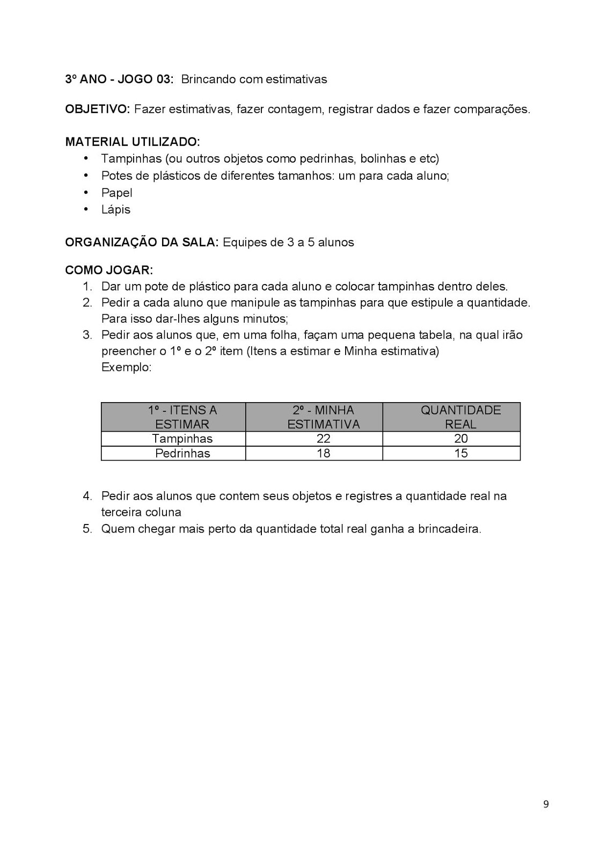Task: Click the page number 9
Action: point(546,804)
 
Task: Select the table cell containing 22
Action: point(323,439)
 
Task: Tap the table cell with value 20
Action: point(460,439)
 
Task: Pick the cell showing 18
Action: point(323,453)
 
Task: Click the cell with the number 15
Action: point(460,453)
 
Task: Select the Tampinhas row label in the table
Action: point(182,439)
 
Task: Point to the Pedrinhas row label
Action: point(182,453)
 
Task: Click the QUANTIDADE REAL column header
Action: point(460,417)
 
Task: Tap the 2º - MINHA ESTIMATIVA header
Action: point(323,417)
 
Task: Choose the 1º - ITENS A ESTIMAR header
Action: point(182,417)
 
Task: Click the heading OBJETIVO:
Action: point(97,109)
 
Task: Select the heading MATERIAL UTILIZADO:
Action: point(132,142)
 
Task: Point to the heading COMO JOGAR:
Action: point(109,270)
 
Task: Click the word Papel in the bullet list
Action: point(116,193)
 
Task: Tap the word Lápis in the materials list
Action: point(115,209)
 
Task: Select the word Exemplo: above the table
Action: point(126,368)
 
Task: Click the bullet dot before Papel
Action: point(85,192)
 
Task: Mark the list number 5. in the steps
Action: point(87,529)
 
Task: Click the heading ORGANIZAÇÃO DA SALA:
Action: point(142,242)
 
